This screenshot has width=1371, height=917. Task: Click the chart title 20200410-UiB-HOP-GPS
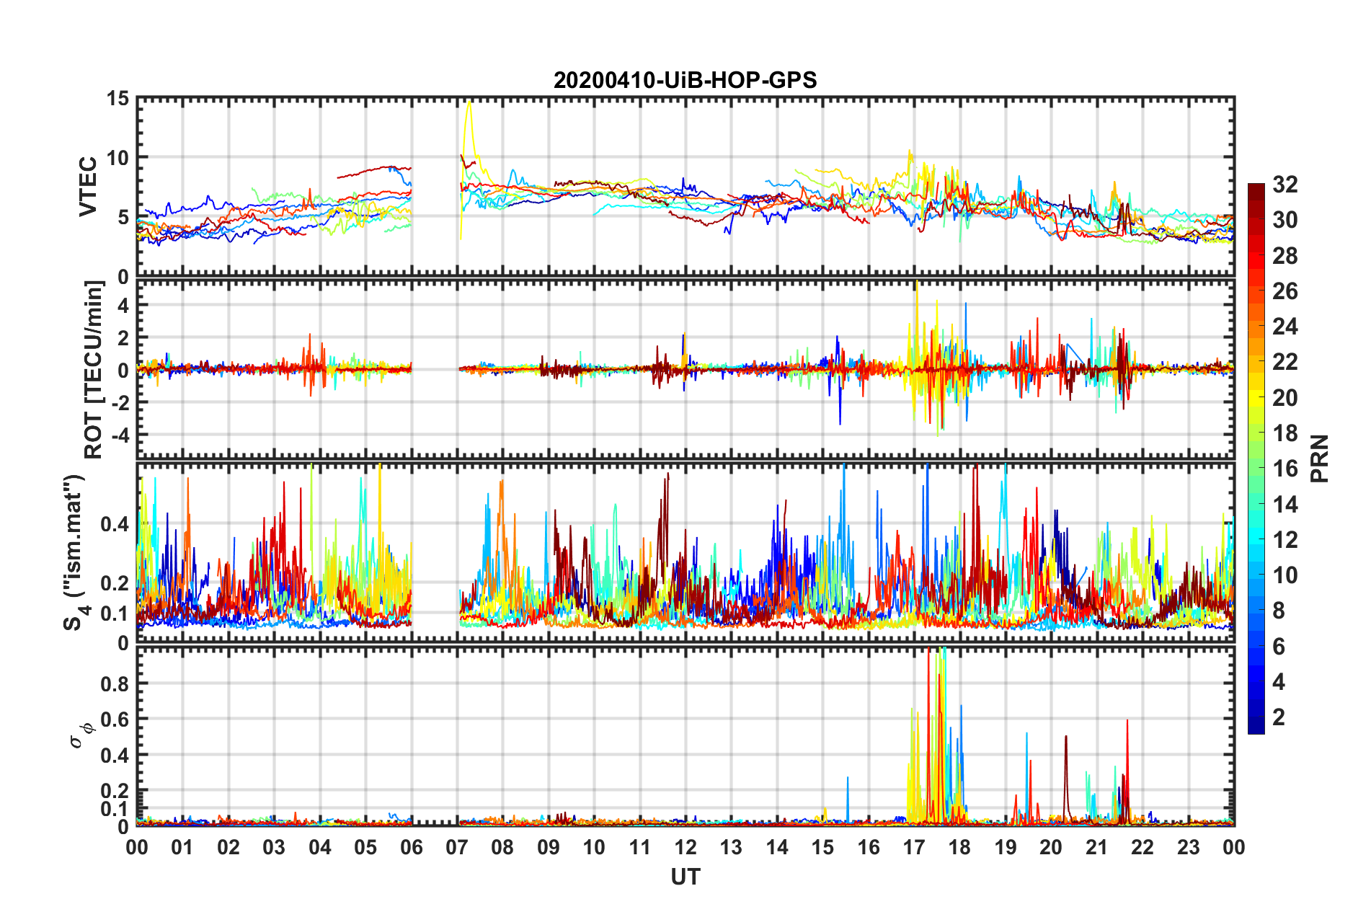click(685, 80)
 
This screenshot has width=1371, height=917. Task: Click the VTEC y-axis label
click(88, 187)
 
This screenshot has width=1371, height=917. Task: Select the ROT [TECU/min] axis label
click(94, 370)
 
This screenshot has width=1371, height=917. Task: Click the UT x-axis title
click(685, 877)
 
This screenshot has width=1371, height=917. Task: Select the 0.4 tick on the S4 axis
click(115, 524)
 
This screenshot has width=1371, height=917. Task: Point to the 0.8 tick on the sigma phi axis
click(115, 683)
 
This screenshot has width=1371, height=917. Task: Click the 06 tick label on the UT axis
click(411, 848)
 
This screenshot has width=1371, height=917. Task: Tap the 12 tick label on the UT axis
click(685, 848)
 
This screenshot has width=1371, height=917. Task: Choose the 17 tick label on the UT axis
click(914, 848)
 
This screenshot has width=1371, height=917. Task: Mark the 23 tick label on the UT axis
click(1188, 848)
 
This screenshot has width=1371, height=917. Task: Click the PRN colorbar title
click(1320, 458)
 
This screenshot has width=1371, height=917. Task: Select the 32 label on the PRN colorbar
click(1285, 185)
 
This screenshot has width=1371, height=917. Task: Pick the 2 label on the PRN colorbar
click(1279, 717)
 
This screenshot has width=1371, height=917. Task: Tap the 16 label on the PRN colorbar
click(1285, 469)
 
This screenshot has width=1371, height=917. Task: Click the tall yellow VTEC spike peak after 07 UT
click(469, 102)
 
